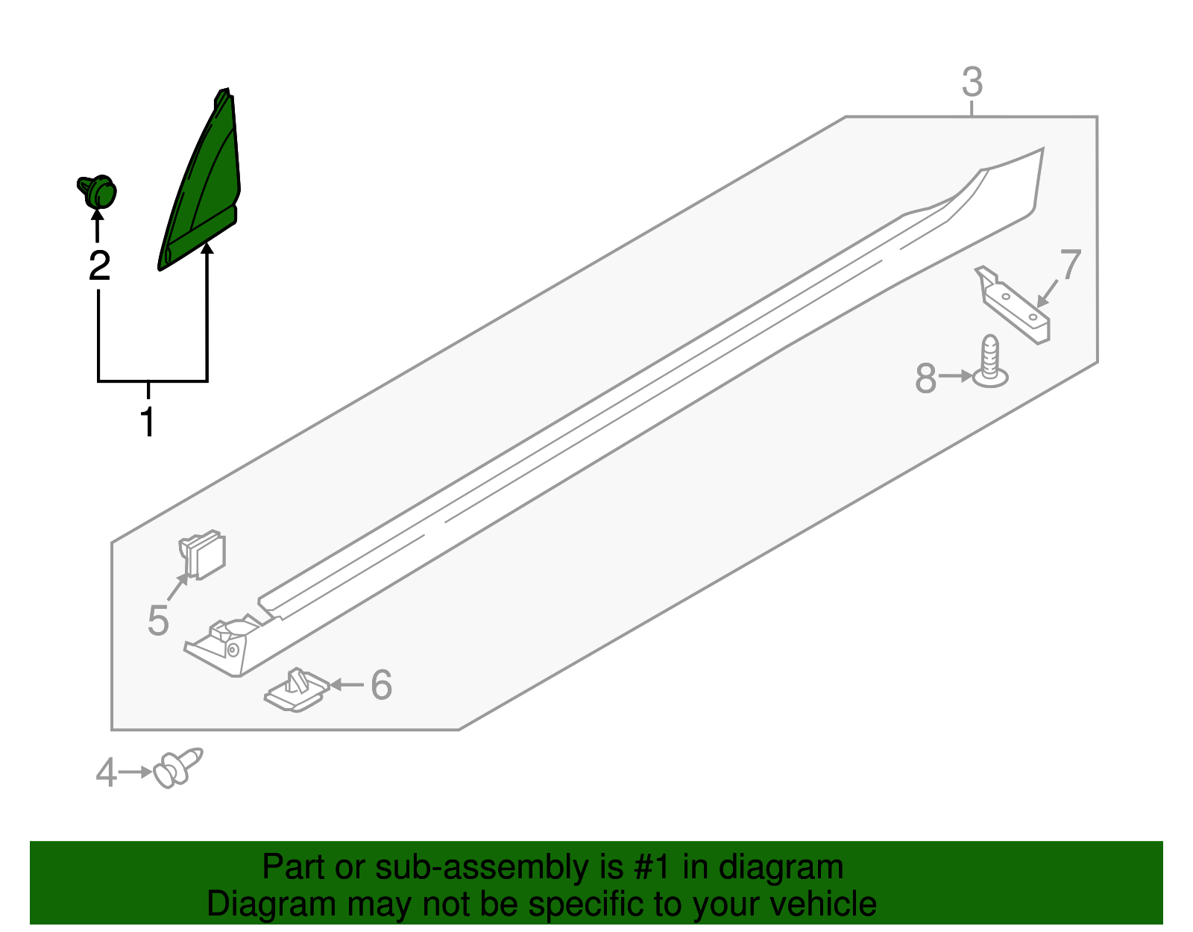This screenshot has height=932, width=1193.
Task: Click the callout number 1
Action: click(148, 422)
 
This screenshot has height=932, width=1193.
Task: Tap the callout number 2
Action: click(99, 266)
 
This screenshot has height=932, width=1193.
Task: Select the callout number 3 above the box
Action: click(972, 82)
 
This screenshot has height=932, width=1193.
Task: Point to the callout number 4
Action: click(106, 772)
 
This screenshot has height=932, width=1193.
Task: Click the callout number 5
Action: click(158, 620)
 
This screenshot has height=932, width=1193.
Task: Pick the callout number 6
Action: click(381, 685)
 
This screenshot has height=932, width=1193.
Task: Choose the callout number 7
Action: click(1070, 265)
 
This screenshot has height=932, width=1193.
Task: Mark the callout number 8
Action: click(925, 378)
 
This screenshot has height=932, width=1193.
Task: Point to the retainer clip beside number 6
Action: click(296, 689)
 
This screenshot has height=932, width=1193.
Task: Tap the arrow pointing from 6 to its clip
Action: click(347, 685)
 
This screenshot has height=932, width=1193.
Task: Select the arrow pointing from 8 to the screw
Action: click(955, 377)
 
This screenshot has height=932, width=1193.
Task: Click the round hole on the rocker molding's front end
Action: click(233, 650)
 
